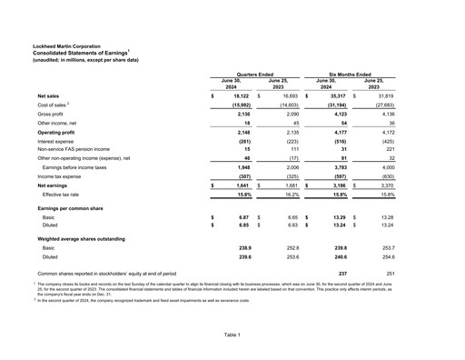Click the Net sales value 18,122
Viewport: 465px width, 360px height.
point(241,95)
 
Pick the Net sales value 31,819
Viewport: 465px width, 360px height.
point(385,95)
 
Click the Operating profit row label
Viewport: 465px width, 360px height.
point(60,133)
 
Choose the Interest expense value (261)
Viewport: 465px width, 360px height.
point(241,142)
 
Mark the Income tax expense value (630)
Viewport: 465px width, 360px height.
point(385,176)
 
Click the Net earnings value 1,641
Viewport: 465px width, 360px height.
point(241,185)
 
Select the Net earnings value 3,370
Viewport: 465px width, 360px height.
point(385,185)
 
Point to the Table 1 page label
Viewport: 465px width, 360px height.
point(232,335)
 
